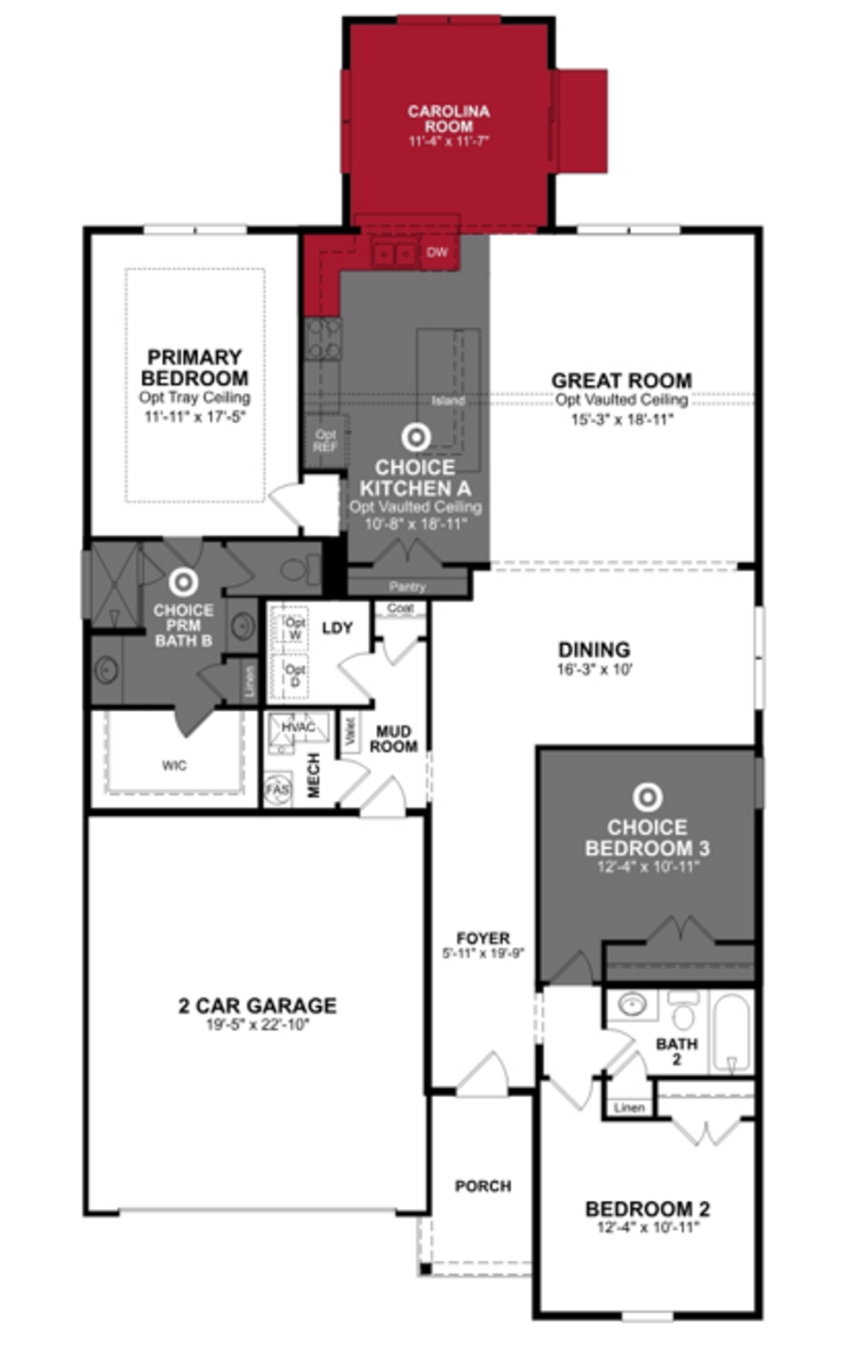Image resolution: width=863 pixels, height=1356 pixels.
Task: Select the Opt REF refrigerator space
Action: (x=325, y=441)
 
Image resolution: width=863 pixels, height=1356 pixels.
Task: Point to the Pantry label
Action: (x=407, y=587)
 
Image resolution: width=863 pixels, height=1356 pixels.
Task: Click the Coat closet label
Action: (x=400, y=608)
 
